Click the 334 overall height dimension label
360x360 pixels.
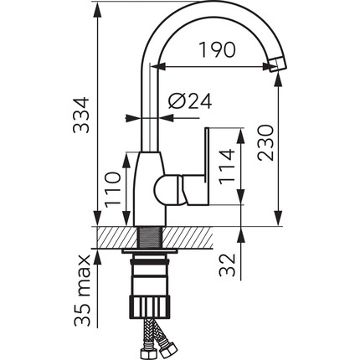[x=81, y=115]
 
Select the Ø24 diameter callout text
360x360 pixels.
[x=190, y=100]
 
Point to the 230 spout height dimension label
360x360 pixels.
[x=265, y=143]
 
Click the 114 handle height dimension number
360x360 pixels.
[x=226, y=167]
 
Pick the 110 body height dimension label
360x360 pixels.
[x=112, y=190]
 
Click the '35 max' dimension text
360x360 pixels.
[x=82, y=291]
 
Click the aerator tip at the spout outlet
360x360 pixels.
[x=278, y=64]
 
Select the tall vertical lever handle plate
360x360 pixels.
[x=207, y=165]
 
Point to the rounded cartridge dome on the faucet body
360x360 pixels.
[x=167, y=190]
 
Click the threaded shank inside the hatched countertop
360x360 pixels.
[x=151, y=237]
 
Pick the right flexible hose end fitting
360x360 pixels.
[x=169, y=347]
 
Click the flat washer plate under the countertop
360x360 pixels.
[x=150, y=252]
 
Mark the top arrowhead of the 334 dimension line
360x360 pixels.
[x=97, y=10]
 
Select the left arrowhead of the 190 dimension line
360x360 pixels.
[x=157, y=67]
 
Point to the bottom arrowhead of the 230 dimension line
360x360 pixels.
[x=278, y=218]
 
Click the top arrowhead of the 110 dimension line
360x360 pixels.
[x=126, y=160]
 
